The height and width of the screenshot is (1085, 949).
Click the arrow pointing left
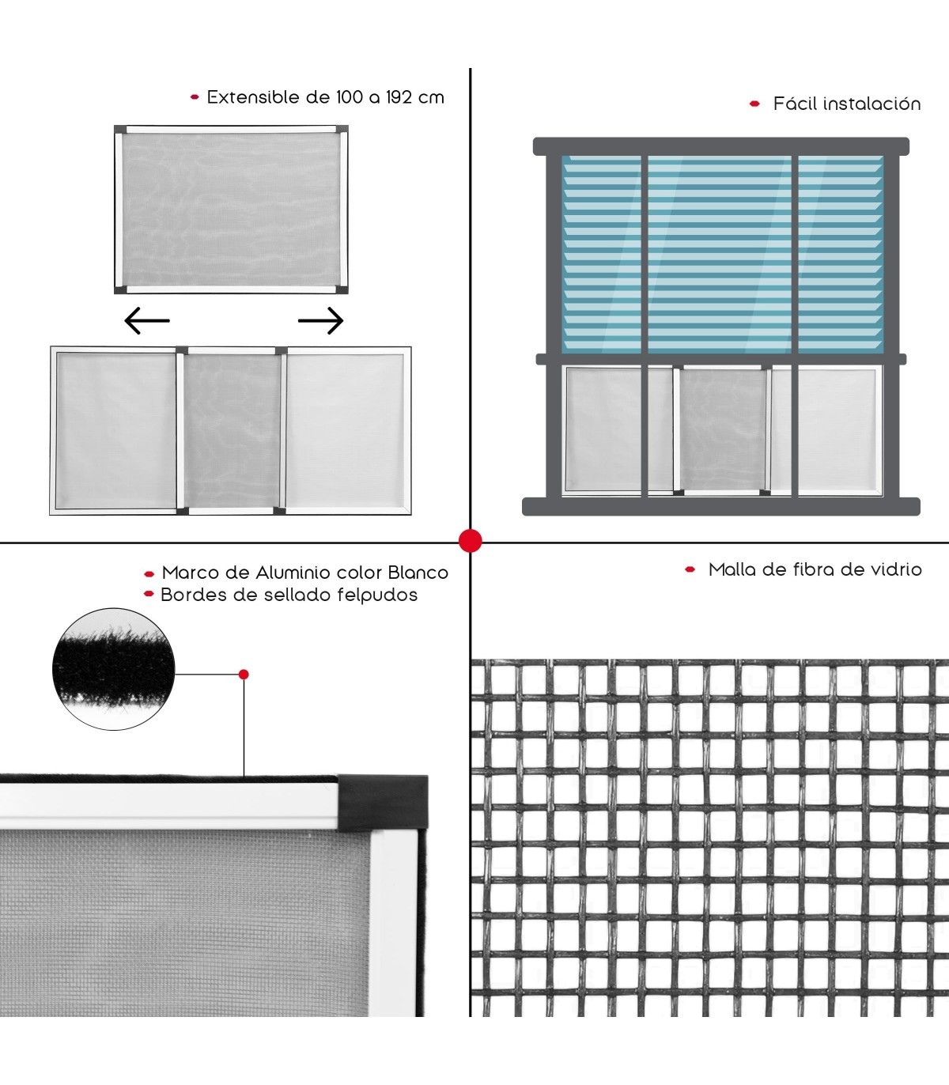(x=147, y=320)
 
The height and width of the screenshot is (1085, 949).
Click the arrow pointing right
(x=321, y=320)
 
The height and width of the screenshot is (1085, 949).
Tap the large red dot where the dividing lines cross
(x=471, y=541)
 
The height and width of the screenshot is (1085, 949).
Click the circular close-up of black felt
(x=113, y=669)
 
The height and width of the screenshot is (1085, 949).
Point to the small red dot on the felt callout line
(x=244, y=674)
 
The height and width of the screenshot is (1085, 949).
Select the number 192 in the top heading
(x=399, y=97)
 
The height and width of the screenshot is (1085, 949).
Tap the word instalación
(x=873, y=104)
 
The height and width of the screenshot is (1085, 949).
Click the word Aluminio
(x=293, y=573)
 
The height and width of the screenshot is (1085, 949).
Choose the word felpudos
(x=377, y=595)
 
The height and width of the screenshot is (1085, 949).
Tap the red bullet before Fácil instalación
(x=754, y=104)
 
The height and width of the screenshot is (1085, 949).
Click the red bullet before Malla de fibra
(x=690, y=569)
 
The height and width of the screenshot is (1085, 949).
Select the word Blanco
(x=418, y=573)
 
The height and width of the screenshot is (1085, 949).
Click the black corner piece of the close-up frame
(x=383, y=801)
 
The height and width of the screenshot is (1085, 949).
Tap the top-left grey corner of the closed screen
(x=120, y=130)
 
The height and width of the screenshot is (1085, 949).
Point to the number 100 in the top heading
(x=350, y=97)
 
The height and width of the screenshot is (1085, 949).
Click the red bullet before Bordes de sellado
(x=149, y=593)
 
